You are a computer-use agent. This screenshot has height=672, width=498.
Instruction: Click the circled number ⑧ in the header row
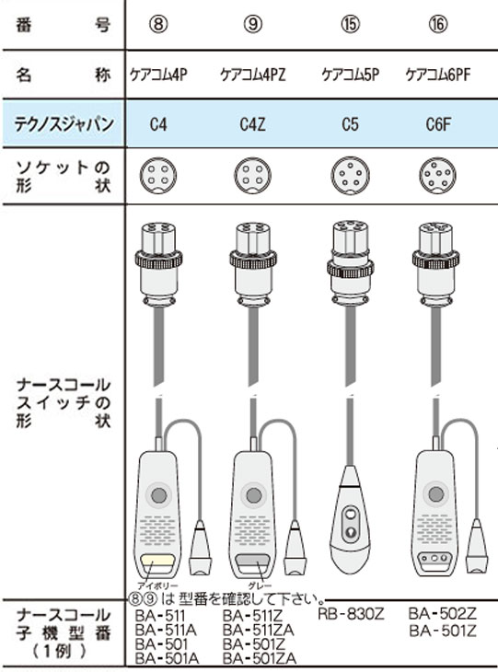tap(158, 24)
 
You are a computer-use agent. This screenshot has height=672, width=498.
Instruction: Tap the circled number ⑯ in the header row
tap(437, 24)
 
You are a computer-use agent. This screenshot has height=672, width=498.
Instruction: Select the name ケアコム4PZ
tap(253, 75)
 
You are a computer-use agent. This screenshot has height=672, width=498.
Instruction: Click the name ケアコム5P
tap(350, 75)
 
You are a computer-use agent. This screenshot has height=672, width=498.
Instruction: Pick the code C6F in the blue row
tap(438, 124)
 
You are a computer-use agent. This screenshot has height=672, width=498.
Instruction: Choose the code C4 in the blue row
tap(158, 124)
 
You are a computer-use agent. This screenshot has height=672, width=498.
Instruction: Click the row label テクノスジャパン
tap(64, 124)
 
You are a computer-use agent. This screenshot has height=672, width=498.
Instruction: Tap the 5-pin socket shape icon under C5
tap(350, 176)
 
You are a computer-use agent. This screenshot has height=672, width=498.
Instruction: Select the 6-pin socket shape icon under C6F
tap(437, 176)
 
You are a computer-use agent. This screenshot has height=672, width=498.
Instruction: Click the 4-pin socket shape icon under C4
tap(158, 176)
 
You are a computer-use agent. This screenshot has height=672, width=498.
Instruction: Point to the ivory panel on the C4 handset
tap(158, 560)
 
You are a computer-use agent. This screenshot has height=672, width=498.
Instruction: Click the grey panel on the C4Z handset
tap(253, 560)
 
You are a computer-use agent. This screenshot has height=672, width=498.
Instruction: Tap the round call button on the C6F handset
tap(436, 494)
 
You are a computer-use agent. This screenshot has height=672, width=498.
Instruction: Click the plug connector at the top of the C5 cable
tap(350, 264)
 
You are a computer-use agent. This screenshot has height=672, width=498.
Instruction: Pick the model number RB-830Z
tap(351, 615)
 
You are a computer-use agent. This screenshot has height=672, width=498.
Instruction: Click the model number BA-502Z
tap(442, 614)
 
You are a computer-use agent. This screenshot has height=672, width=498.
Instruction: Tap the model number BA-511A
tap(166, 630)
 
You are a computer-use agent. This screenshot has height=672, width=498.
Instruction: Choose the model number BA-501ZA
tap(260, 658)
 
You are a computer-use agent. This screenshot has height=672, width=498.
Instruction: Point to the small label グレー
tap(260, 585)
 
